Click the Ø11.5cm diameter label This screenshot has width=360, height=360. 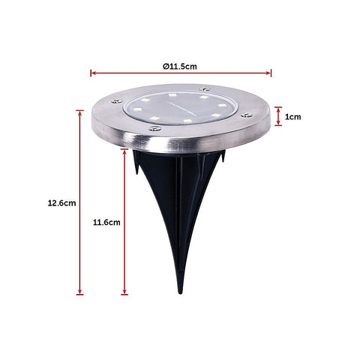[x=180, y=67]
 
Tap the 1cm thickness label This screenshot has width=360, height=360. [x=292, y=117]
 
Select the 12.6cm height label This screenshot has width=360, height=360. [x=61, y=202]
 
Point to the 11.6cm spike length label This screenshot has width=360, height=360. [x=106, y=222]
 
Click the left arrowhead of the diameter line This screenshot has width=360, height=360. [x=93, y=73]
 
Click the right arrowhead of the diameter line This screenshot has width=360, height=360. [x=268, y=73]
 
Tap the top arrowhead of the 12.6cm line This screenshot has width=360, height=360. [x=79, y=112]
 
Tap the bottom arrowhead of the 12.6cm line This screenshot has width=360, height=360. [x=79, y=292]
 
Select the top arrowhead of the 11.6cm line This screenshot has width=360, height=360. [x=124, y=151]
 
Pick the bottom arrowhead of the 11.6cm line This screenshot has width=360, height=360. [x=124, y=292]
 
